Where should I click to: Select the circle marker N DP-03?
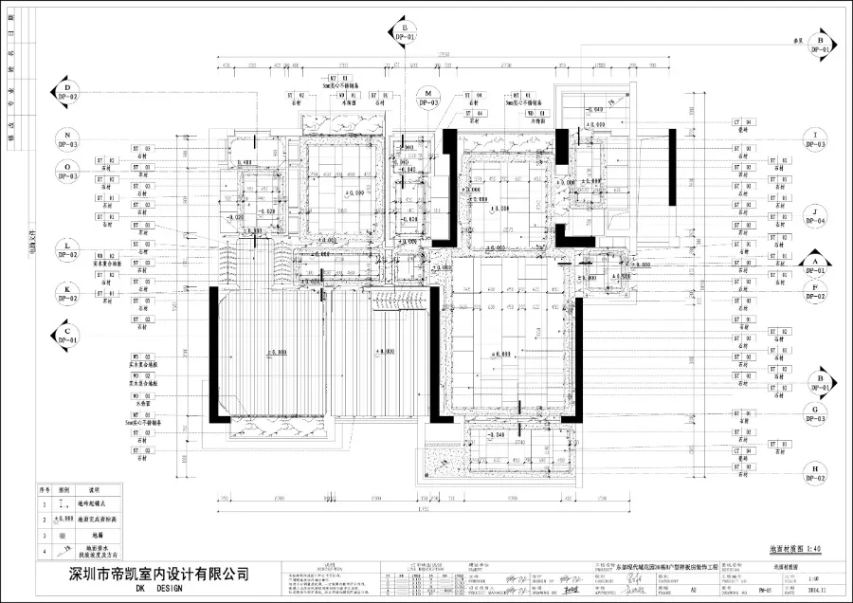pyautogui.click(x=67, y=140)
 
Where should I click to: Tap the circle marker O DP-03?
pyautogui.click(x=67, y=171)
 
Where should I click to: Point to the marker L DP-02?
pyautogui.click(x=67, y=248)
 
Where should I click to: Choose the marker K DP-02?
pyautogui.click(x=67, y=291)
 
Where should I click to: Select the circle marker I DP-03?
pyautogui.click(x=815, y=139)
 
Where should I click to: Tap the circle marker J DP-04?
pyautogui.click(x=815, y=215)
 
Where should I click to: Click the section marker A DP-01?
pyautogui.click(x=815, y=265)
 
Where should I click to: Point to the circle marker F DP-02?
pyautogui.click(x=815, y=290)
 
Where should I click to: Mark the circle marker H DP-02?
pyautogui.click(x=815, y=471)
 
